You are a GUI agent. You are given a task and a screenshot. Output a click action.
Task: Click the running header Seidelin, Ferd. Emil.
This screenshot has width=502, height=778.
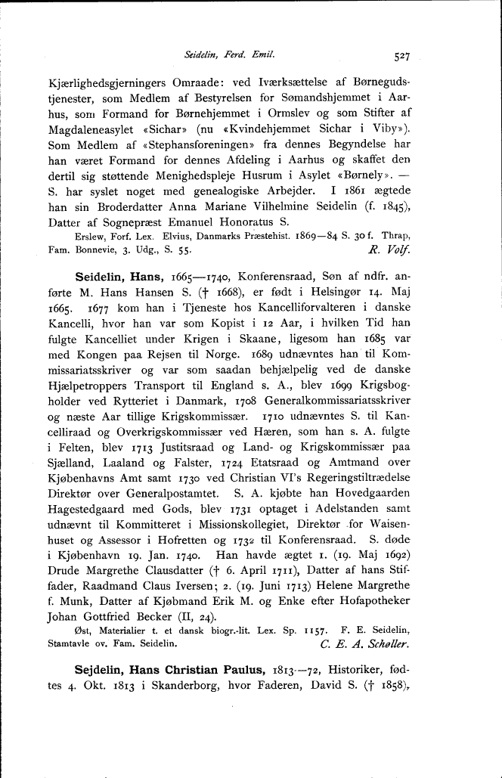click(x=229, y=54)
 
